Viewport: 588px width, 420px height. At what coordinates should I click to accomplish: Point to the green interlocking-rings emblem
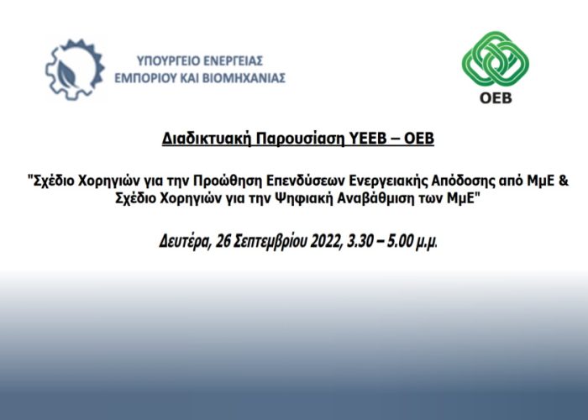point(496,59)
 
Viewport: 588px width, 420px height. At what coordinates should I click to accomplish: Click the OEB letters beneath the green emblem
point(496,98)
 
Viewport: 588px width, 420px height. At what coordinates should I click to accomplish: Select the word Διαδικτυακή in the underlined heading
point(207,139)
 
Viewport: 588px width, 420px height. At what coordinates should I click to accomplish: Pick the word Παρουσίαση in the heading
point(300,139)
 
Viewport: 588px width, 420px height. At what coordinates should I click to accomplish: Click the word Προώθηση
point(228,181)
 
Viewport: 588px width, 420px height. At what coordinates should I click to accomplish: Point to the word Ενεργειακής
point(388,181)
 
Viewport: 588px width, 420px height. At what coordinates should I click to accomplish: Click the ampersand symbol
point(564,181)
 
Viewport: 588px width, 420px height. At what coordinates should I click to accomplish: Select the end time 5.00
point(400,241)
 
